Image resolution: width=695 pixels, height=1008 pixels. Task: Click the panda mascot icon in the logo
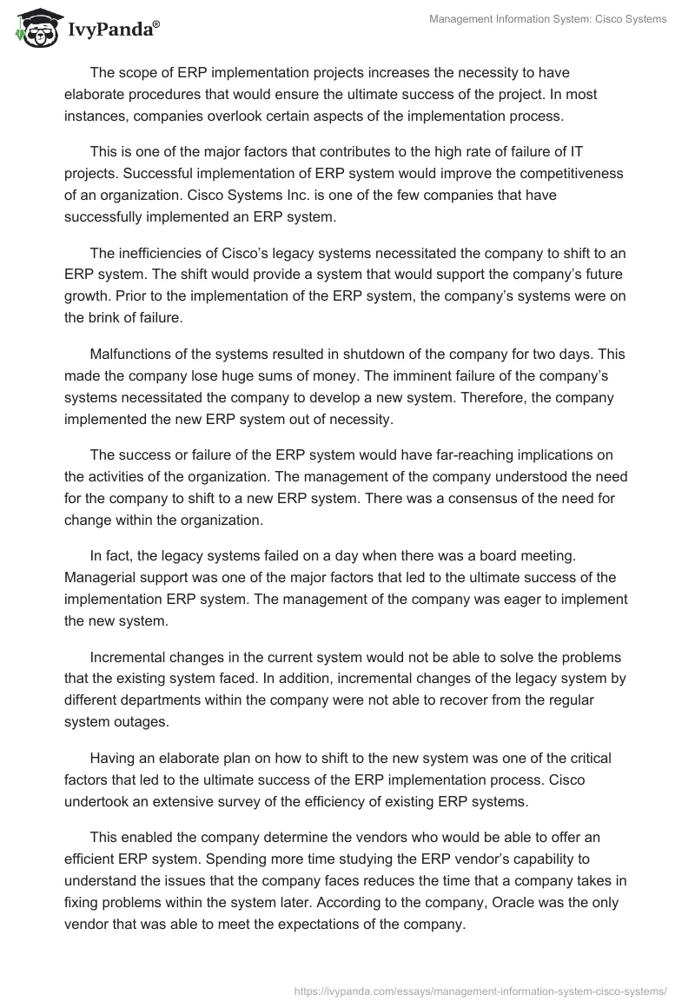33,28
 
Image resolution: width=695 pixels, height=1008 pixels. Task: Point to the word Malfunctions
131,355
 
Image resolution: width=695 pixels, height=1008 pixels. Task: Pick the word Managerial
100,578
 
